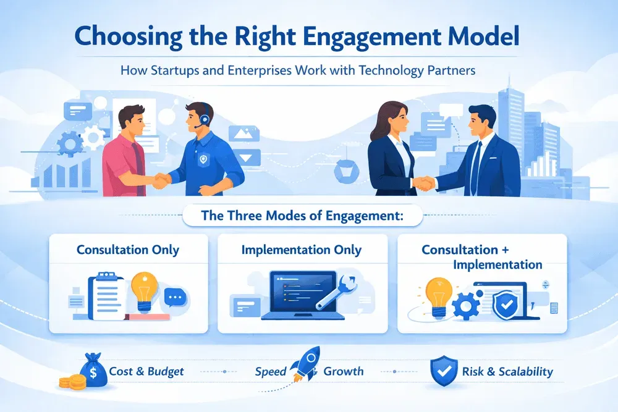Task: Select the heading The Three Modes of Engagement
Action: (302, 217)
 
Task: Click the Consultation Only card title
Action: (128, 250)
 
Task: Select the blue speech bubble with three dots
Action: (177, 298)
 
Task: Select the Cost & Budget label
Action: (146, 372)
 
